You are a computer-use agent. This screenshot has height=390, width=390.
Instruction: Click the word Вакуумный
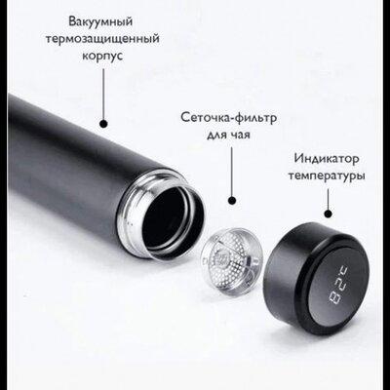click(x=100, y=22)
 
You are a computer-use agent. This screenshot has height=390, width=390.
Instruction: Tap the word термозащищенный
click(x=102, y=39)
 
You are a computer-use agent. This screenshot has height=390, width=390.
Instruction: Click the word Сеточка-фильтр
click(x=229, y=117)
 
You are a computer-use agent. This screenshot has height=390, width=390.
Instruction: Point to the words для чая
click(x=228, y=134)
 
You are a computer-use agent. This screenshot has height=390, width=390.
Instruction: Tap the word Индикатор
click(x=327, y=159)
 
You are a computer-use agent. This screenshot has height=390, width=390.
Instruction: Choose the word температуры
click(x=327, y=175)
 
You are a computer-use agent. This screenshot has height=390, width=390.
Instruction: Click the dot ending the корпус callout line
click(x=103, y=124)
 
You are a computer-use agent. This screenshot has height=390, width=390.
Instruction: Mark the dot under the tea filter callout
click(x=232, y=200)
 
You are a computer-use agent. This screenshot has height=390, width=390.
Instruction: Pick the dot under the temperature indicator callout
click(x=329, y=214)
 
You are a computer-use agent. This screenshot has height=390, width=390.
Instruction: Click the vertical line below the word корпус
click(x=103, y=94)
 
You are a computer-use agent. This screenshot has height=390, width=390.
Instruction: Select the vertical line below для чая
click(x=232, y=172)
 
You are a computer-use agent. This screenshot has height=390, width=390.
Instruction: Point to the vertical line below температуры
click(x=329, y=199)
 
